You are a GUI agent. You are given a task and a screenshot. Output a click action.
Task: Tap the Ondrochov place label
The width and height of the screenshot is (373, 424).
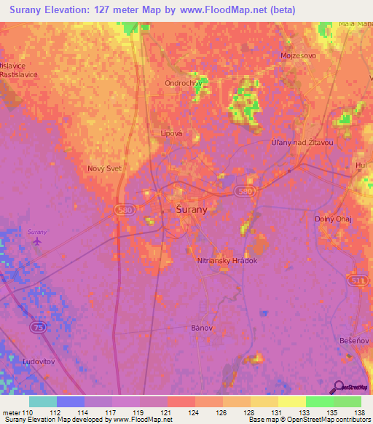(184, 82)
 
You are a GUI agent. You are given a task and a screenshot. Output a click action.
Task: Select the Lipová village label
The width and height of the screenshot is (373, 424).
(171, 133)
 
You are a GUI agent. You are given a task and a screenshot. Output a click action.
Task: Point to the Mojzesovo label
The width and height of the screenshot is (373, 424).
(297, 55)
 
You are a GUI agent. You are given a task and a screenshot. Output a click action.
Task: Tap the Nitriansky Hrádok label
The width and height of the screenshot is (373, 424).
(227, 260)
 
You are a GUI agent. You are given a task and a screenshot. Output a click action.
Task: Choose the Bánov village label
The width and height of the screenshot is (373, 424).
(201, 328)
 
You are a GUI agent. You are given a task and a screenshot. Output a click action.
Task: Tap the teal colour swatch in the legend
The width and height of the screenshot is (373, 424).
(42, 401)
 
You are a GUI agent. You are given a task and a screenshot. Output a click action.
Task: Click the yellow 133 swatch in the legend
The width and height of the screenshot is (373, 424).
(291, 401)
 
